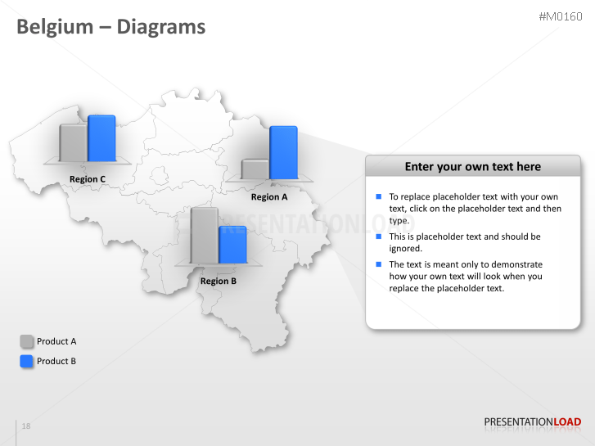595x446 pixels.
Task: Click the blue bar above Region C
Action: click(x=101, y=138)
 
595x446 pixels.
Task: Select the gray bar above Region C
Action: click(x=74, y=143)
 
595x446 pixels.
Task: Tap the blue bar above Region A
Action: click(x=283, y=152)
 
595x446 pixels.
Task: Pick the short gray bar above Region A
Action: click(x=255, y=169)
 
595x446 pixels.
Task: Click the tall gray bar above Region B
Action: click(x=205, y=236)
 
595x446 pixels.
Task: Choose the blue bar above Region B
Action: click(x=232, y=245)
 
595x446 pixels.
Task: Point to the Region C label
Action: click(x=88, y=179)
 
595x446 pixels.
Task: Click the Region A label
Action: click(x=269, y=197)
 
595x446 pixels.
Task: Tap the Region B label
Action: click(x=219, y=282)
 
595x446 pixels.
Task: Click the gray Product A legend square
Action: click(x=26, y=341)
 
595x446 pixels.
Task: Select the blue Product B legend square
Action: click(x=26, y=361)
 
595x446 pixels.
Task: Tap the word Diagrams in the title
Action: click(x=161, y=27)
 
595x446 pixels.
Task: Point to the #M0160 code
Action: click(x=560, y=16)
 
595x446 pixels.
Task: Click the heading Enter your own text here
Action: click(x=473, y=167)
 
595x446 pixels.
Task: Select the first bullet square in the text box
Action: click(x=379, y=196)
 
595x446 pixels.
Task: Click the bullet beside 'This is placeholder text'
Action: click(x=379, y=237)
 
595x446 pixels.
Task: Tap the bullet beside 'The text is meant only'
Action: click(x=379, y=264)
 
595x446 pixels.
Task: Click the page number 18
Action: click(x=26, y=426)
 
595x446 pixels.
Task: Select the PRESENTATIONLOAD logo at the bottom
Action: click(x=533, y=422)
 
